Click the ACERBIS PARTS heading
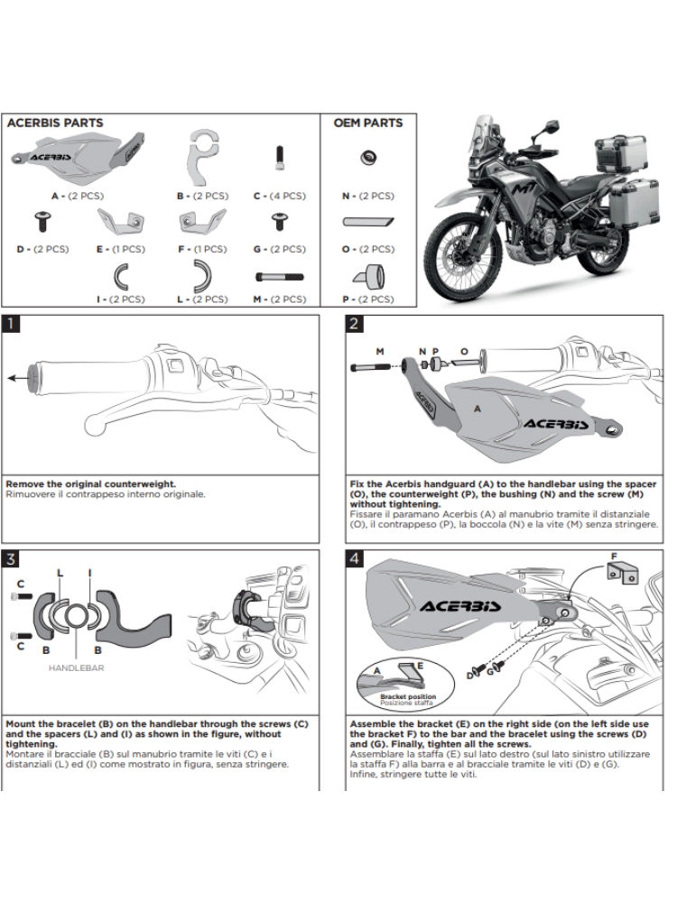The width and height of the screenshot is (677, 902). click(55, 123)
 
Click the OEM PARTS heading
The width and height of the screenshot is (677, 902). click(368, 123)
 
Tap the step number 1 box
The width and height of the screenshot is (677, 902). click(11, 324)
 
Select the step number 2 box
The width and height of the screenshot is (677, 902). click(355, 324)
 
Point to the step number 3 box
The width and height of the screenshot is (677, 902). click(11, 558)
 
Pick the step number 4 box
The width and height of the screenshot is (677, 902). click(355, 558)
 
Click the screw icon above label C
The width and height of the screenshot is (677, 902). click(280, 161)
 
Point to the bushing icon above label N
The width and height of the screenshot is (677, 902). click(369, 159)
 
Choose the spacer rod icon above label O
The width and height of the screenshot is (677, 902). click(369, 221)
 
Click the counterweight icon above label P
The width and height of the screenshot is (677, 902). click(369, 274)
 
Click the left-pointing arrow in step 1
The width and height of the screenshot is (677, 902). click(17, 379)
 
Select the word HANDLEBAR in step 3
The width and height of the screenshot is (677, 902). click(78, 668)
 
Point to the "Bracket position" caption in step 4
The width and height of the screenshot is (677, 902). click(407, 697)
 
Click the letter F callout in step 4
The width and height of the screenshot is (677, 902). click(614, 557)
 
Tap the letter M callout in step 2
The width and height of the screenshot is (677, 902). click(379, 349)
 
